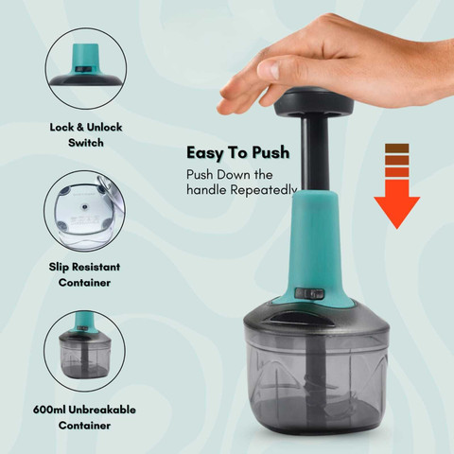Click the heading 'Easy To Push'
(238, 153)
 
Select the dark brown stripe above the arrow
(397, 148)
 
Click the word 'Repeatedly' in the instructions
(264, 190)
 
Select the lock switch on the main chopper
(309, 294)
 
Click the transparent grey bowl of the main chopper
(316, 378)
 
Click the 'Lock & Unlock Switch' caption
(86, 135)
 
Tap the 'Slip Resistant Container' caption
(84, 274)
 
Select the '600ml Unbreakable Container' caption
(84, 417)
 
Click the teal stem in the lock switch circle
(86, 57)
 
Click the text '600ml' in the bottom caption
(49, 410)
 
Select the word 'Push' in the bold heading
(271, 153)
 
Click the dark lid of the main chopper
(316, 319)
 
